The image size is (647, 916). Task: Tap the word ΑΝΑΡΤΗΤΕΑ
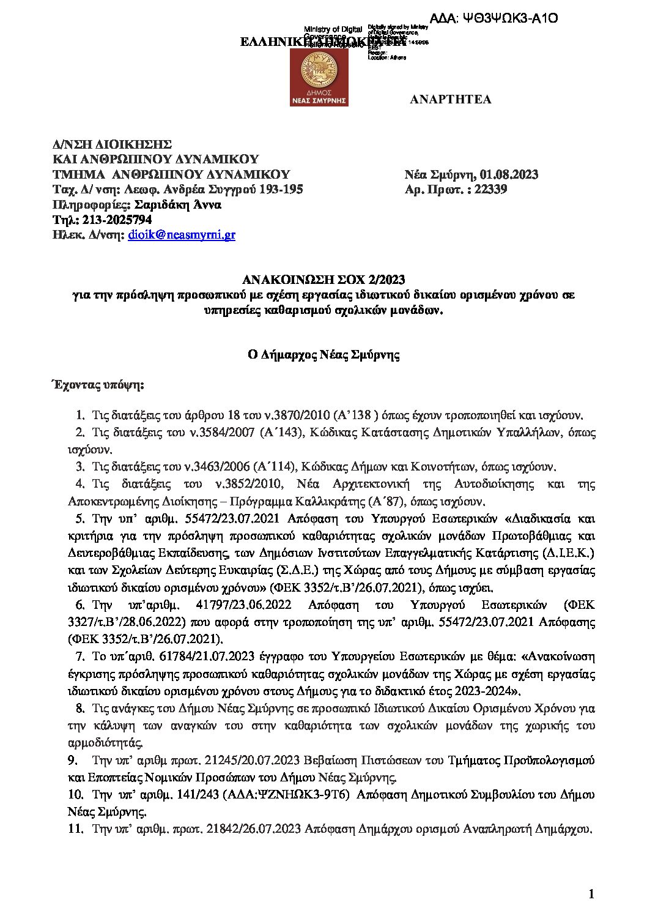[450, 99]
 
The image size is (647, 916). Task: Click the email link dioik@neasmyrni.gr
[182, 234]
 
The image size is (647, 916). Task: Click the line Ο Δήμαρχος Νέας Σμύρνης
[323, 354]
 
